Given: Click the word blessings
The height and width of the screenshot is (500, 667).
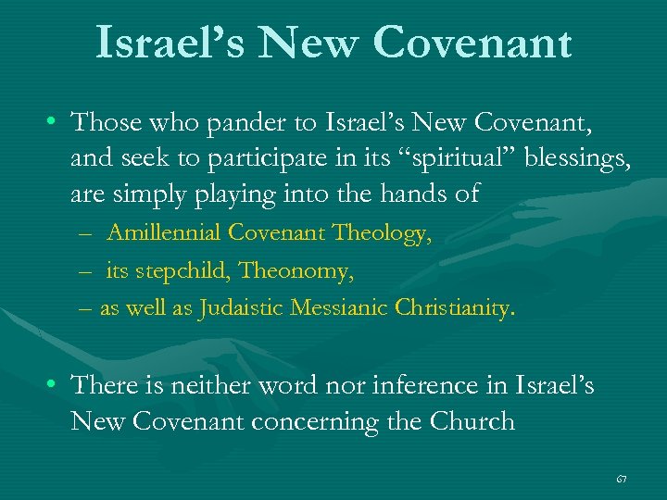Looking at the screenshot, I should pos(578,159).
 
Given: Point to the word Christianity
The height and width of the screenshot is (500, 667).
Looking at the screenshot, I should pos(454,308).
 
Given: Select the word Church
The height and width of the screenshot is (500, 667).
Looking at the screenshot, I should pos(472,421).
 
